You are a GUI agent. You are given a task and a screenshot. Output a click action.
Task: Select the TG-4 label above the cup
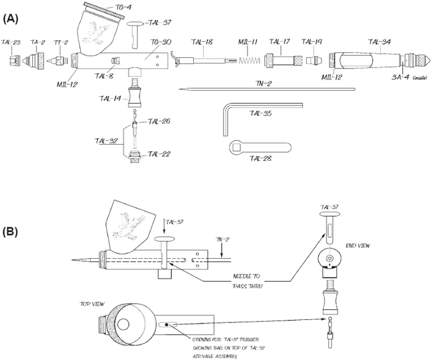(x=123, y=8)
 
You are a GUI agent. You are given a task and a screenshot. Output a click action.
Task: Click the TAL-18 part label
(x=202, y=42)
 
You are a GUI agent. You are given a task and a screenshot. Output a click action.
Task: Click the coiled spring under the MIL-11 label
(x=247, y=62)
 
